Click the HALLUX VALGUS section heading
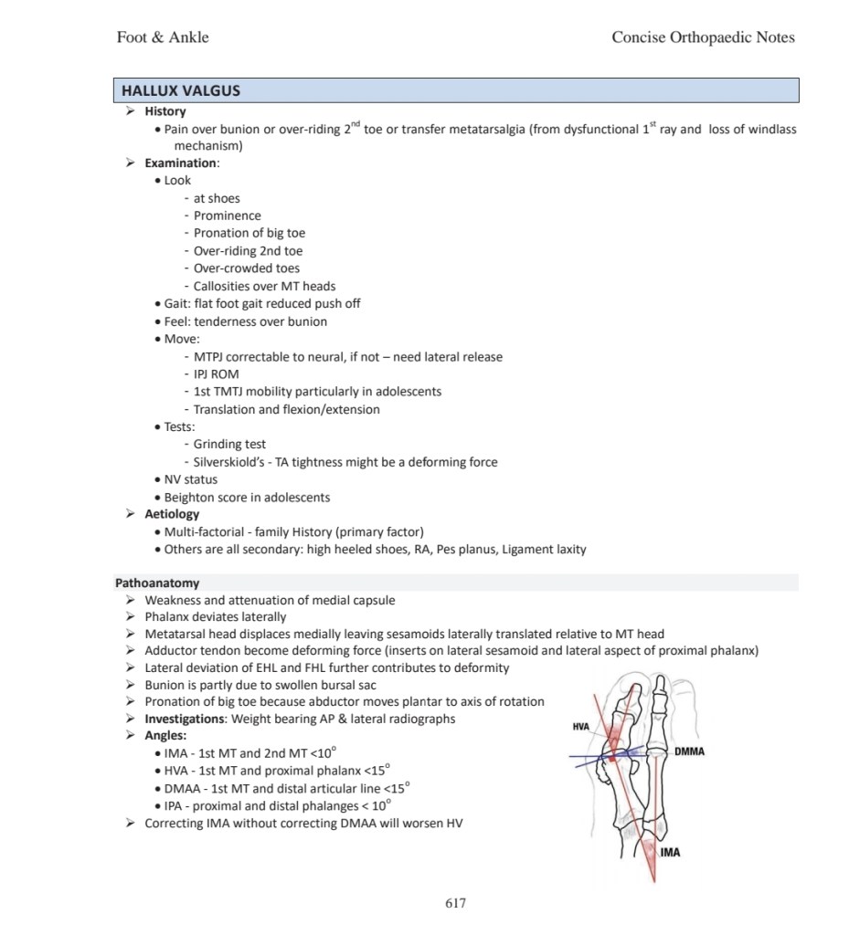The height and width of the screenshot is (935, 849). coord(181,91)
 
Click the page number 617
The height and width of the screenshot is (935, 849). coord(455,903)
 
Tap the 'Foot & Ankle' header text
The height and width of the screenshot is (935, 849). coord(163,37)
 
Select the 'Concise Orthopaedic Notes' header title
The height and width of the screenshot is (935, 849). coord(703,37)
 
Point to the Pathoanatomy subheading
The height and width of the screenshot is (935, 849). coord(157,583)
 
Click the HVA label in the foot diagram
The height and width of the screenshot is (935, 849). coord(580,727)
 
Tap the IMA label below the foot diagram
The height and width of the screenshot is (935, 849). coord(670,853)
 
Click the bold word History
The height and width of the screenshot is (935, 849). coord(165,111)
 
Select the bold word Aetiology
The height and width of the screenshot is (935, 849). coord(172,514)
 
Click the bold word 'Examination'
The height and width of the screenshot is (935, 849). coord(181,163)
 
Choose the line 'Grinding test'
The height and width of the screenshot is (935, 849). coord(229,445)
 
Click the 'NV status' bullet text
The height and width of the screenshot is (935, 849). coord(191,479)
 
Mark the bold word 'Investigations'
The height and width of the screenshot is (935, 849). coord(186,719)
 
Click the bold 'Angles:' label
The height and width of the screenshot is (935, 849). coord(166,736)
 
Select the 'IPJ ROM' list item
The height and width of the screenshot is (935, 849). coord(217,374)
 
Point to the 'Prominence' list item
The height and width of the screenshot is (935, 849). coord(228,215)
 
